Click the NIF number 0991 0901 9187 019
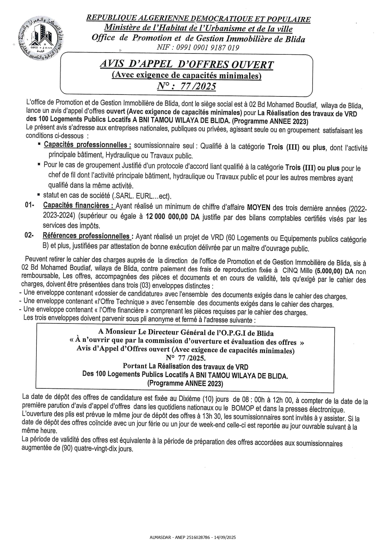(198, 48)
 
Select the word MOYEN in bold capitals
(258, 208)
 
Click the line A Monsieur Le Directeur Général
(186, 332)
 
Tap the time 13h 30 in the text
(214, 417)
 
